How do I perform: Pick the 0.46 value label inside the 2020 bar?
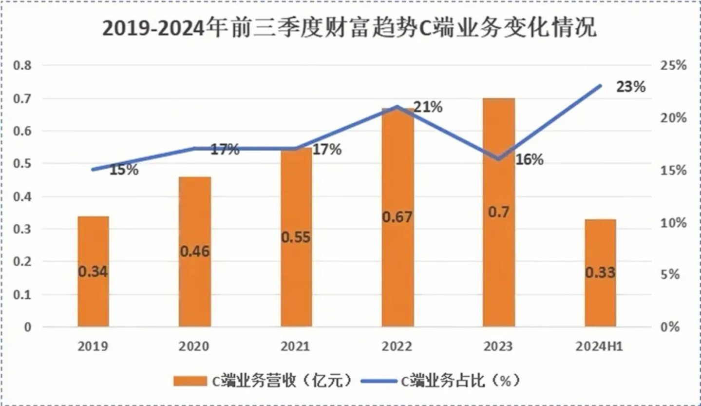pos(194,251)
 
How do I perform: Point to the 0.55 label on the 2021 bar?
pos(296,237)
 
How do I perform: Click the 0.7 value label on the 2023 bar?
pos(499,213)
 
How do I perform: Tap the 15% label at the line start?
pos(123,170)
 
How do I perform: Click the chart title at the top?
pos(350,29)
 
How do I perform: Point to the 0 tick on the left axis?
pos(27,327)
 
